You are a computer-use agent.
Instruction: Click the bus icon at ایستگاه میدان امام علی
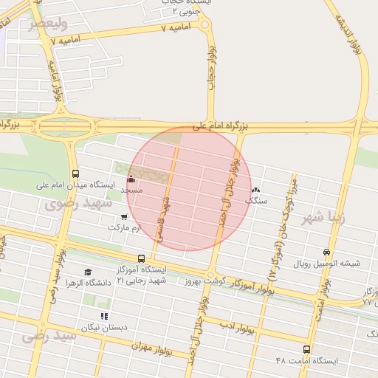point(75,174)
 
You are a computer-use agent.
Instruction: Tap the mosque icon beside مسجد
point(132,179)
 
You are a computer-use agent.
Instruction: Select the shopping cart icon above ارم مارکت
point(123,217)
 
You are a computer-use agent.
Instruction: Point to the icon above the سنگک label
point(256,190)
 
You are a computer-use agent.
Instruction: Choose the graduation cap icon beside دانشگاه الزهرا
point(88,272)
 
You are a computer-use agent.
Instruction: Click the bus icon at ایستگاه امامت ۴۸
point(306,349)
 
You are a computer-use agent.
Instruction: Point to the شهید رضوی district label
point(77,202)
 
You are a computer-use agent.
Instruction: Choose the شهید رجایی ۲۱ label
point(141,281)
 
